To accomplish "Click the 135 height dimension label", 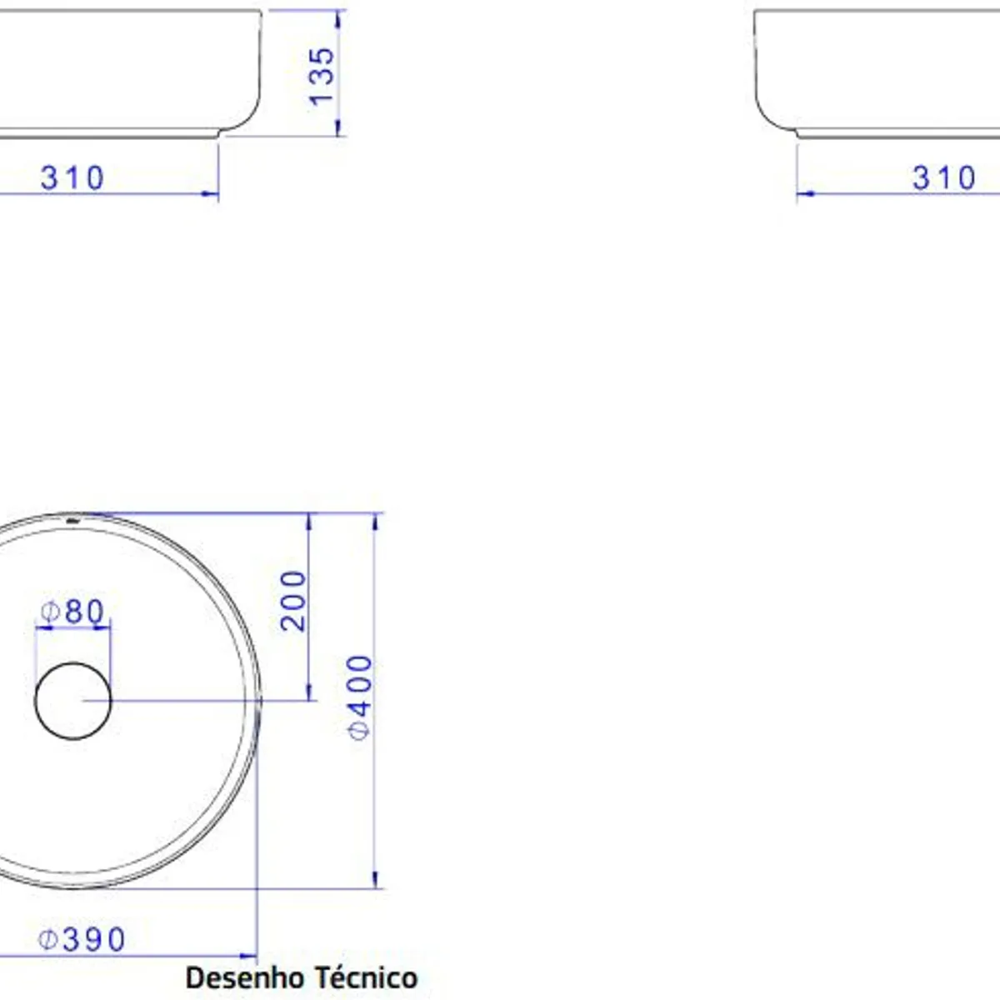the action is pyautogui.click(x=322, y=77).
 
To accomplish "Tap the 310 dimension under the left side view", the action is pyautogui.click(x=72, y=178).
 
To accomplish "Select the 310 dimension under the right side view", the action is pyautogui.click(x=944, y=178).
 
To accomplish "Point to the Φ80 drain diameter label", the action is pyautogui.click(x=72, y=612).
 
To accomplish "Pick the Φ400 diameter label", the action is pyautogui.click(x=360, y=697).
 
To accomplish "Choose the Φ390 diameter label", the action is pyautogui.click(x=82, y=939).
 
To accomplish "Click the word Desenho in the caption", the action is pyautogui.click(x=244, y=977).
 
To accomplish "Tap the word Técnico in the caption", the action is pyautogui.click(x=367, y=977).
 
